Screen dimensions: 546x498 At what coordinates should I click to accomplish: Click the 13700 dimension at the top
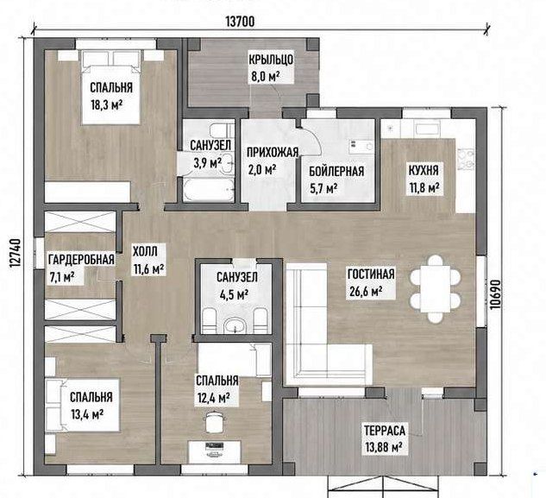(x=241, y=22)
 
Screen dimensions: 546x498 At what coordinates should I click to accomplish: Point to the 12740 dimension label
(x=15, y=254)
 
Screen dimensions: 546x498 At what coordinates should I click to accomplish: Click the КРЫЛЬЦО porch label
(x=271, y=60)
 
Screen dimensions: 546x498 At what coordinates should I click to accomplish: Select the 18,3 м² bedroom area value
(x=107, y=104)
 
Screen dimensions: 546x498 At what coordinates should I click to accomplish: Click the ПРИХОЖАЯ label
(x=273, y=152)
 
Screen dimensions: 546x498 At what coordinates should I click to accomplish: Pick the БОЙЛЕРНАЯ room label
(x=336, y=171)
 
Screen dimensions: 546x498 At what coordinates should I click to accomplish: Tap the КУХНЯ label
(x=424, y=170)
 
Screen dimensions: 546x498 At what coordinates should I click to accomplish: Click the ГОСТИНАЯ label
(x=371, y=274)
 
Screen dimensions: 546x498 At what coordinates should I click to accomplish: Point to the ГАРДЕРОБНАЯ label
(x=81, y=260)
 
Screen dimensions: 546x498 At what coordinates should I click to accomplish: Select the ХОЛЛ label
(x=145, y=251)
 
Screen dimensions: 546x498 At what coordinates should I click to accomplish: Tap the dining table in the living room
(x=436, y=289)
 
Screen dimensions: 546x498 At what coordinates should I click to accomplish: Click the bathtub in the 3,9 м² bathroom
(x=208, y=190)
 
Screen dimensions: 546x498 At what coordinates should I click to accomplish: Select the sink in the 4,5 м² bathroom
(x=235, y=326)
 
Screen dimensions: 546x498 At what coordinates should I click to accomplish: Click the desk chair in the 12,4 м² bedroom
(x=214, y=422)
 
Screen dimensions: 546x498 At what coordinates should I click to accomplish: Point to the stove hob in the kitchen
(x=465, y=159)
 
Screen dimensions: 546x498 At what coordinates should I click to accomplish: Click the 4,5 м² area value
(x=234, y=295)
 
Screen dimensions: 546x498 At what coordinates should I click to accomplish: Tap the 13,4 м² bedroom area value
(x=87, y=414)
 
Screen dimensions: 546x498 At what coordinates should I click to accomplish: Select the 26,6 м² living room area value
(x=366, y=291)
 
